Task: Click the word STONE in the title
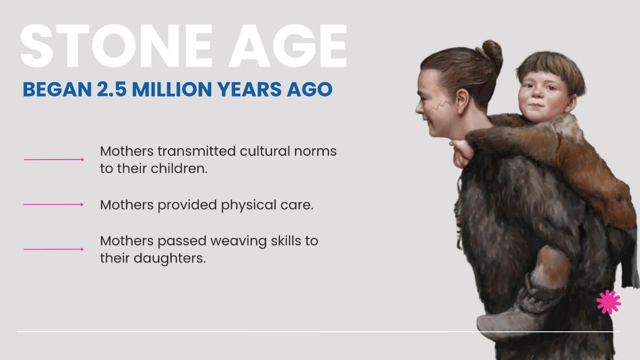[117, 46]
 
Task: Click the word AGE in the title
[287, 46]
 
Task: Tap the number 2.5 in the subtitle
[111, 89]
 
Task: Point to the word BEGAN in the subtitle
[57, 89]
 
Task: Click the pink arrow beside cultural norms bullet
[54, 159]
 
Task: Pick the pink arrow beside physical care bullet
[53, 204]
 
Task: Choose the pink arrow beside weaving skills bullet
[54, 249]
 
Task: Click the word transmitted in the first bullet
[197, 151]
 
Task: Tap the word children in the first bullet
[178, 169]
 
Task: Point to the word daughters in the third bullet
[169, 258]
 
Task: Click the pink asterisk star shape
[609, 302]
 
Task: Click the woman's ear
[462, 101]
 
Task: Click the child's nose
[537, 92]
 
